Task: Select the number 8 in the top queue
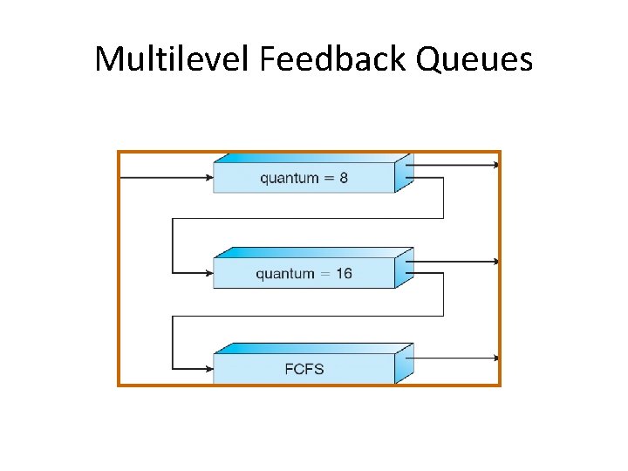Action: (344, 178)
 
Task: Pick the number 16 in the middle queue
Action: (344, 274)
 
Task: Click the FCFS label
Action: (304, 369)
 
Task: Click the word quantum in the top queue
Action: (289, 179)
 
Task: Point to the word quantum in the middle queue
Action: (284, 275)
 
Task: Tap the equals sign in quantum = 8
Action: (328, 179)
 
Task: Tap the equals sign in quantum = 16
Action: (324, 274)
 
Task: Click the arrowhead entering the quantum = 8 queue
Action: (209, 178)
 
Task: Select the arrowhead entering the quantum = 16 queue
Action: (209, 273)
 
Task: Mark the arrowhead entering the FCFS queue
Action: (209, 369)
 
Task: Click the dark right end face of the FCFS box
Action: (404, 365)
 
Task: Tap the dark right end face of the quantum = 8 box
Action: (404, 174)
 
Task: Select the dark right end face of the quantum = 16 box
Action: (404, 270)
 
